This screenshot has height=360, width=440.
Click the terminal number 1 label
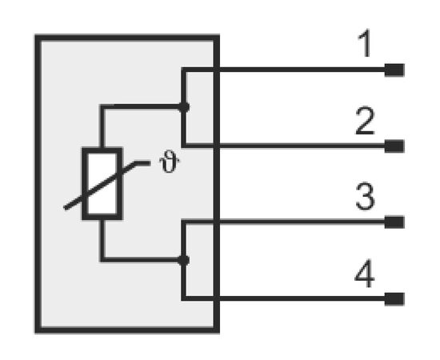(365, 43)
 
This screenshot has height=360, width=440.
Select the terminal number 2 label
(365, 121)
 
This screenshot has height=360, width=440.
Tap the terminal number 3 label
(365, 196)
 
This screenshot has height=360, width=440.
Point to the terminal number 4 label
(365, 274)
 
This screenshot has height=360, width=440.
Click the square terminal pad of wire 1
(394, 70)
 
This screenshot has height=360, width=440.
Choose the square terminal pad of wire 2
(394, 146)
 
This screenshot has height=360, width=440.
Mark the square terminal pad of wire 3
(394, 222)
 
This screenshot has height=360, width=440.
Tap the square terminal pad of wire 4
(394, 299)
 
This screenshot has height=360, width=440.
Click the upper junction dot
(184, 107)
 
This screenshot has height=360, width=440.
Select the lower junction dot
(183, 260)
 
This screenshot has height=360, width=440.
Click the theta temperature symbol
(169, 162)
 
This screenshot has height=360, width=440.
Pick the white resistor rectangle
(102, 183)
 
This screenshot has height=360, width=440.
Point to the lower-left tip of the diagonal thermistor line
(65, 208)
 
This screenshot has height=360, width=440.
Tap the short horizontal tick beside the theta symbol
(142, 163)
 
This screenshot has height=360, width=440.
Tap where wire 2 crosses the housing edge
(216, 146)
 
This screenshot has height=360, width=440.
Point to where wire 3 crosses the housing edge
(216, 222)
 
